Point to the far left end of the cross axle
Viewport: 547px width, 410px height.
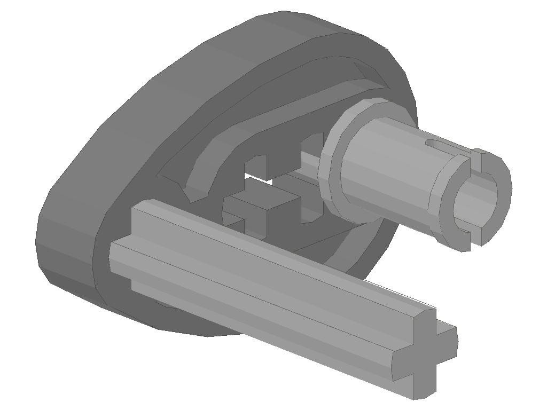click(x=120, y=251)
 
